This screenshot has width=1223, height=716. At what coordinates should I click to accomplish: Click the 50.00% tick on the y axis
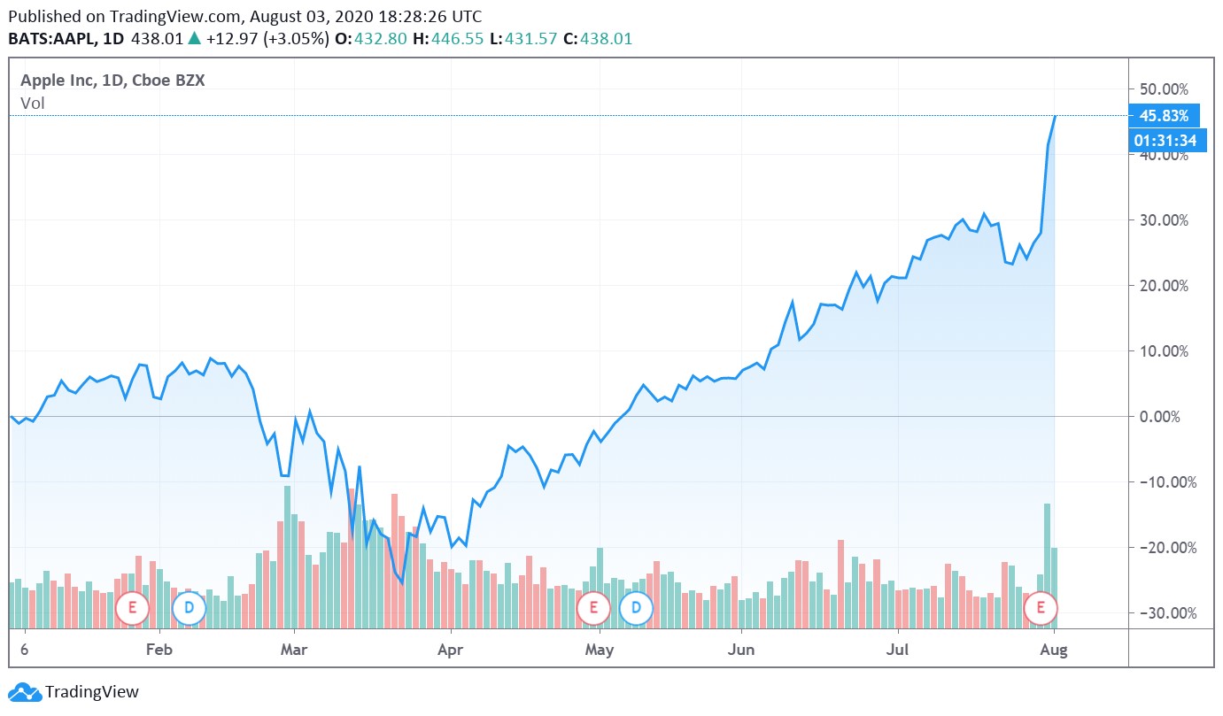click(x=1163, y=89)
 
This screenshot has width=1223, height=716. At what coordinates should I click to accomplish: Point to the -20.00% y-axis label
click(x=1163, y=547)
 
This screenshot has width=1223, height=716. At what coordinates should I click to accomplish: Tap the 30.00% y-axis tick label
click(x=1163, y=219)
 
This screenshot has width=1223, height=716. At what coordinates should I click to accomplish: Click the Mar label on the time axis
click(x=293, y=651)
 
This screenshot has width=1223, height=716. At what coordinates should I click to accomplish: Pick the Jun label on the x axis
click(x=740, y=651)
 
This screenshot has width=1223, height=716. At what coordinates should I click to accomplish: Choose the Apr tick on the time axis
click(x=451, y=651)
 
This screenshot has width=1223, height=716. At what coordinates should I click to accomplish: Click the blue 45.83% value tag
click(x=1164, y=116)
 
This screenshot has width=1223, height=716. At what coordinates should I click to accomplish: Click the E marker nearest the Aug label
click(x=1041, y=608)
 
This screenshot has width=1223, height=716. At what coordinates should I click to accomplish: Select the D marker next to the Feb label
click(x=189, y=608)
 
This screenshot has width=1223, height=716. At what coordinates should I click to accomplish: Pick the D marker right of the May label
click(x=636, y=608)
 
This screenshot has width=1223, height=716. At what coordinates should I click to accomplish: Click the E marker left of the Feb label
click(x=132, y=608)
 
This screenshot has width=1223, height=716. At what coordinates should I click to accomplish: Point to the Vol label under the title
click(x=33, y=103)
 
